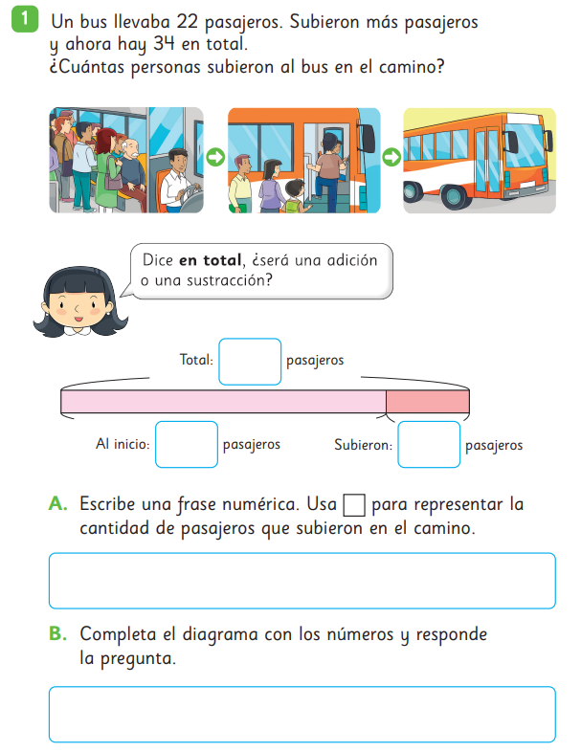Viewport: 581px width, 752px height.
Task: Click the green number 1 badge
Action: [25, 19]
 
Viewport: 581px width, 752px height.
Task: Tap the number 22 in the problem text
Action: [187, 22]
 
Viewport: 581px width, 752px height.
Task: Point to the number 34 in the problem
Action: [164, 44]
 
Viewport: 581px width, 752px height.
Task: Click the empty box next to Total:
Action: [250, 362]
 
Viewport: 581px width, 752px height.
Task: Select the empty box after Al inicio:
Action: [187, 444]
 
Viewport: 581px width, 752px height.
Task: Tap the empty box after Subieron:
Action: [429, 444]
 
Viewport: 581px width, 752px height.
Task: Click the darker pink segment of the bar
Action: [428, 402]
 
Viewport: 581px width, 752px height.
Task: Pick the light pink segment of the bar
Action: [224, 402]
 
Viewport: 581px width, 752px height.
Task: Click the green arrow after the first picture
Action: [215, 157]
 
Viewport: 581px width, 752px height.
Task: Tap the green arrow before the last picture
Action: [391, 157]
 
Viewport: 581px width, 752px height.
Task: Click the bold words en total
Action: [211, 260]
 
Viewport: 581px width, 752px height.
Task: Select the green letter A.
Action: [57, 503]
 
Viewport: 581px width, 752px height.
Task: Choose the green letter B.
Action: [57, 633]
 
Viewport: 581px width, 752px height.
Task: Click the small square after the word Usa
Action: [354, 505]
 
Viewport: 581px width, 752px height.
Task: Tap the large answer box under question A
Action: [302, 581]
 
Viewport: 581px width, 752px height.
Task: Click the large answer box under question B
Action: [302, 715]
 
